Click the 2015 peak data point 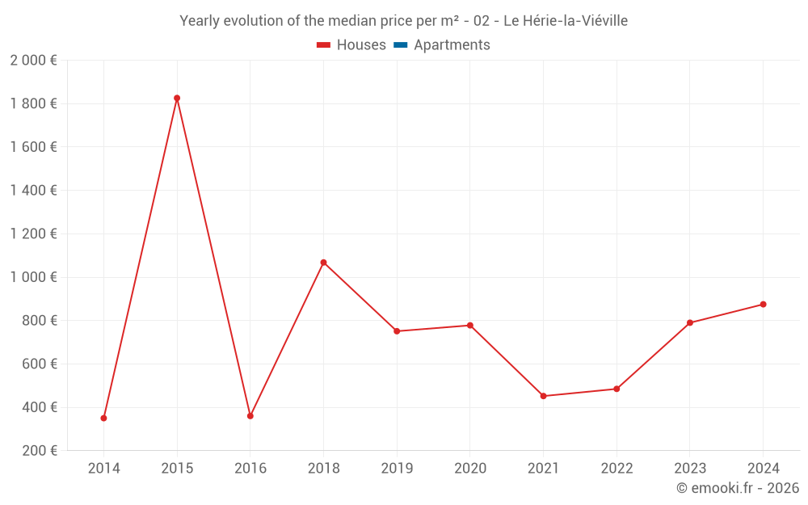coord(177,99)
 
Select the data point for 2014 coord(103,418)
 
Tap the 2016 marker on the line coord(250,416)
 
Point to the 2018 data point coord(323,263)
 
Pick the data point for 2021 coord(543,396)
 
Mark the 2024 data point coord(763,305)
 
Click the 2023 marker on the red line coord(690,323)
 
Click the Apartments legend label coord(452,45)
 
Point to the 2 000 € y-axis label coord(33,60)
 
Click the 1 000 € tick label coord(33,277)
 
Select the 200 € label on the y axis coord(38,451)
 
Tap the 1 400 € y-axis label coord(33,191)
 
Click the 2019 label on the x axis coord(397,468)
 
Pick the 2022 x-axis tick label coord(617,468)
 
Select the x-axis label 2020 coord(470,468)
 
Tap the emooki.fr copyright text coord(738,488)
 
